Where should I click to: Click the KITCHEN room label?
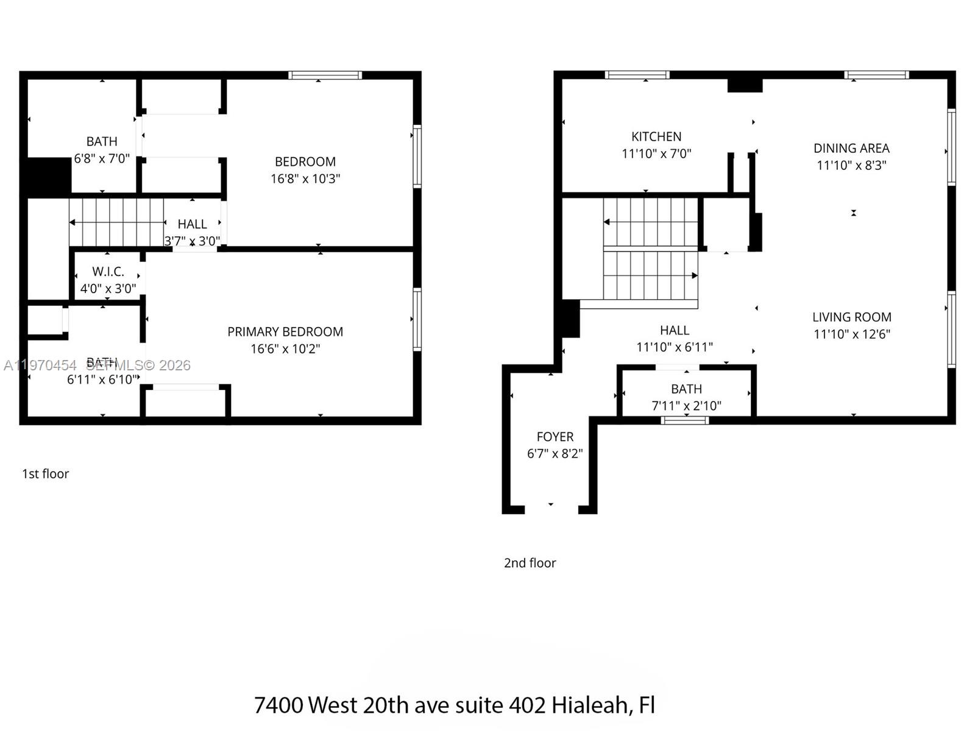(x=656, y=137)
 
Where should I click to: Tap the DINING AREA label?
(x=851, y=149)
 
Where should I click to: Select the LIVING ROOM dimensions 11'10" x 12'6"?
(x=852, y=334)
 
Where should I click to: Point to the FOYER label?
(x=555, y=437)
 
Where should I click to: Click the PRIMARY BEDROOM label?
(x=285, y=332)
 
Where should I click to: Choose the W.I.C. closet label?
(x=108, y=272)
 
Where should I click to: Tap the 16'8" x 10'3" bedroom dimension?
(x=305, y=179)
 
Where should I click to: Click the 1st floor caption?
(x=46, y=474)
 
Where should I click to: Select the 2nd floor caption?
(x=530, y=563)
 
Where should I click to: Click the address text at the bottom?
(x=454, y=705)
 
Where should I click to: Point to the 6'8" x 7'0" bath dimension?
(x=102, y=159)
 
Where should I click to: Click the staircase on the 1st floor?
(x=116, y=222)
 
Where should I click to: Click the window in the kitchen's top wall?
(x=637, y=75)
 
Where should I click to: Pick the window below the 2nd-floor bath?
(x=685, y=420)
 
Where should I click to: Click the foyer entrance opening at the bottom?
(x=551, y=509)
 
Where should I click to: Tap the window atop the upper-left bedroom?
(x=325, y=76)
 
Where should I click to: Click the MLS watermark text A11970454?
(x=40, y=365)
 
